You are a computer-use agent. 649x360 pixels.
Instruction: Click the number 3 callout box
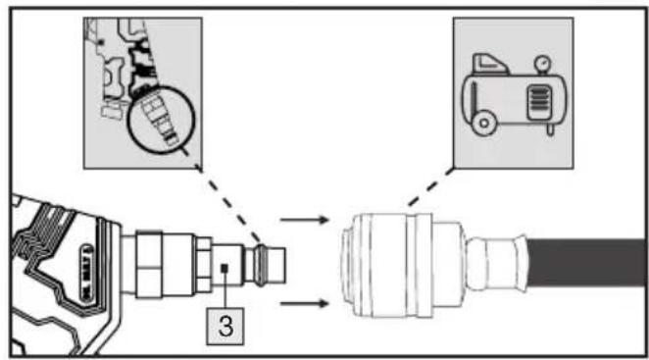click(x=225, y=326)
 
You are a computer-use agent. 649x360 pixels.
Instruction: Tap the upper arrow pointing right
click(x=304, y=219)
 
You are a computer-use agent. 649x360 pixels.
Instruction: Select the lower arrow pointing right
click(x=304, y=304)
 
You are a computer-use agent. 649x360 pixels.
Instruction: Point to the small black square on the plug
click(x=225, y=268)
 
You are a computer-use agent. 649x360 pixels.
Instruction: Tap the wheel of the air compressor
click(x=483, y=123)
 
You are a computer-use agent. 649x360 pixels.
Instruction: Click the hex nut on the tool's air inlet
click(x=204, y=265)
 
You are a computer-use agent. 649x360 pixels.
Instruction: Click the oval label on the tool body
click(x=86, y=273)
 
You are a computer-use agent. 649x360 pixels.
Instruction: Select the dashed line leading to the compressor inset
click(x=431, y=186)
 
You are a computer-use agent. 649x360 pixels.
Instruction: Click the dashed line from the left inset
click(x=228, y=204)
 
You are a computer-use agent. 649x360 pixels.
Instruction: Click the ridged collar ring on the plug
click(x=260, y=265)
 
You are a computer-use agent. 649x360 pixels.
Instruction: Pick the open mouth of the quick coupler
click(x=346, y=265)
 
